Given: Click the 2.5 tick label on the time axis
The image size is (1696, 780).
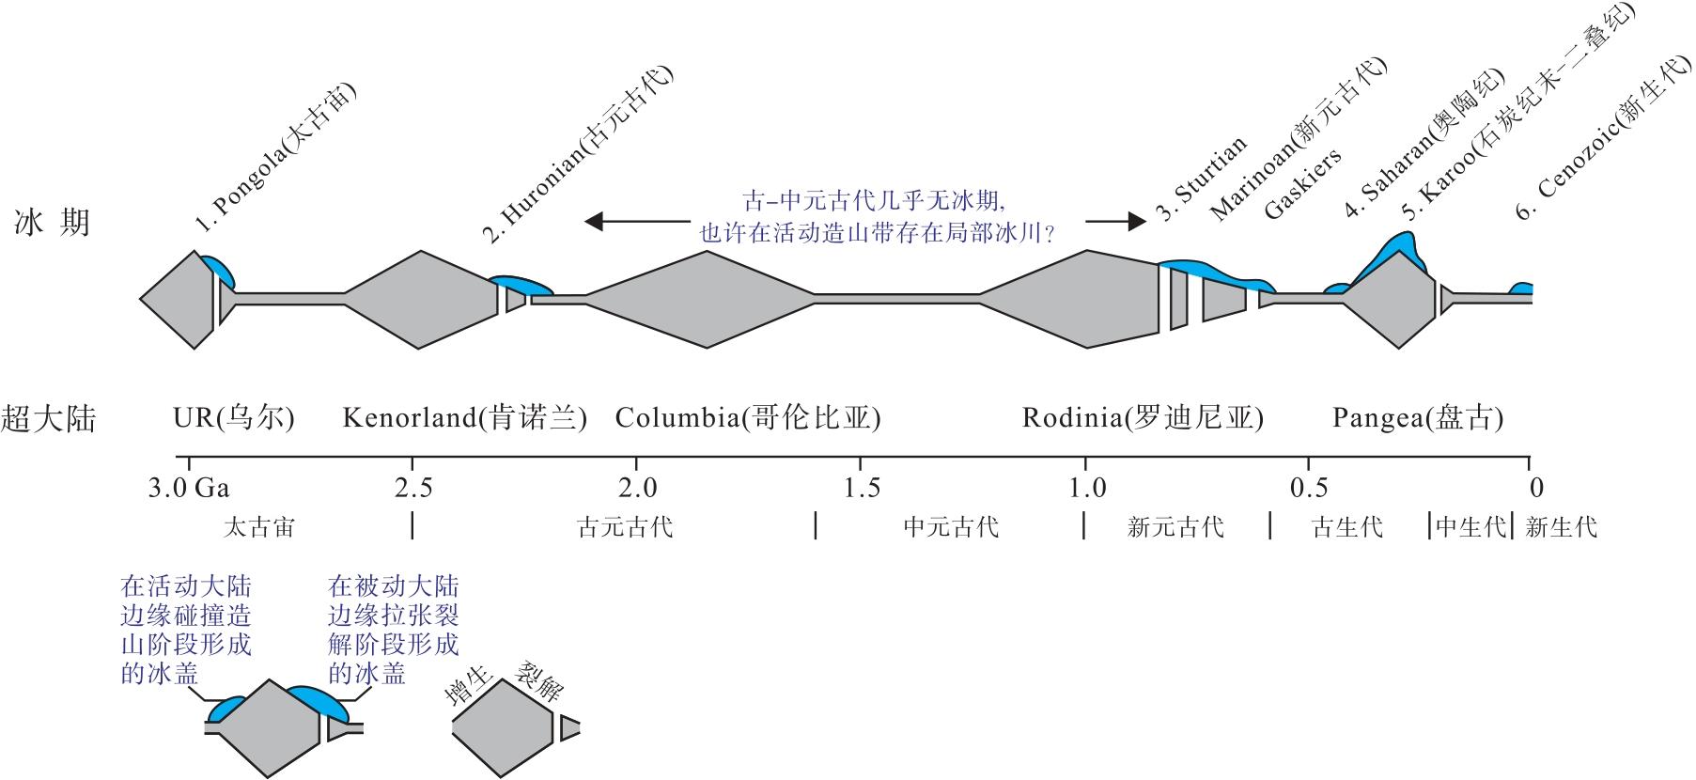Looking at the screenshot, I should [x=413, y=488].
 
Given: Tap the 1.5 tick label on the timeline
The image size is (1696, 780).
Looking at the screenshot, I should [x=862, y=488].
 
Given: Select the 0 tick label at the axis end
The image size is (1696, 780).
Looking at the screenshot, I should [x=1535, y=488].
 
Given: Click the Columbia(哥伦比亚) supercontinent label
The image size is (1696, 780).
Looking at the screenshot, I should [x=748, y=417].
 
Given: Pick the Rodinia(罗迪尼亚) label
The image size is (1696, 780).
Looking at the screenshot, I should [x=1143, y=417].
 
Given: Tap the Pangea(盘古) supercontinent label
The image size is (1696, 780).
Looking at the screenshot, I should [x=1418, y=417].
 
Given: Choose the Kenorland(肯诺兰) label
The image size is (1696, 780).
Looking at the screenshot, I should [x=464, y=417].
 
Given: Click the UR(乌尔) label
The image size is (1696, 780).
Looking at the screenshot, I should [x=234, y=417].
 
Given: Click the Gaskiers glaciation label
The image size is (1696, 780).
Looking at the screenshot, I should [x=1302, y=184].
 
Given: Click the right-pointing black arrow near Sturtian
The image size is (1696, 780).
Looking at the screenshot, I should [x=1116, y=222].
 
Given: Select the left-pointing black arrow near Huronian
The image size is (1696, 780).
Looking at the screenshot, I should [x=636, y=222].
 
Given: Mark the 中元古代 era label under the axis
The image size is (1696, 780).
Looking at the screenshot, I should [x=951, y=527].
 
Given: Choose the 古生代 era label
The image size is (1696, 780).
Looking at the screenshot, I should [x=1347, y=527].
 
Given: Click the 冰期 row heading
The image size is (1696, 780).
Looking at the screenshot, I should [x=53, y=223].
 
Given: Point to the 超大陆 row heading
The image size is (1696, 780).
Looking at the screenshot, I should [x=49, y=418].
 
